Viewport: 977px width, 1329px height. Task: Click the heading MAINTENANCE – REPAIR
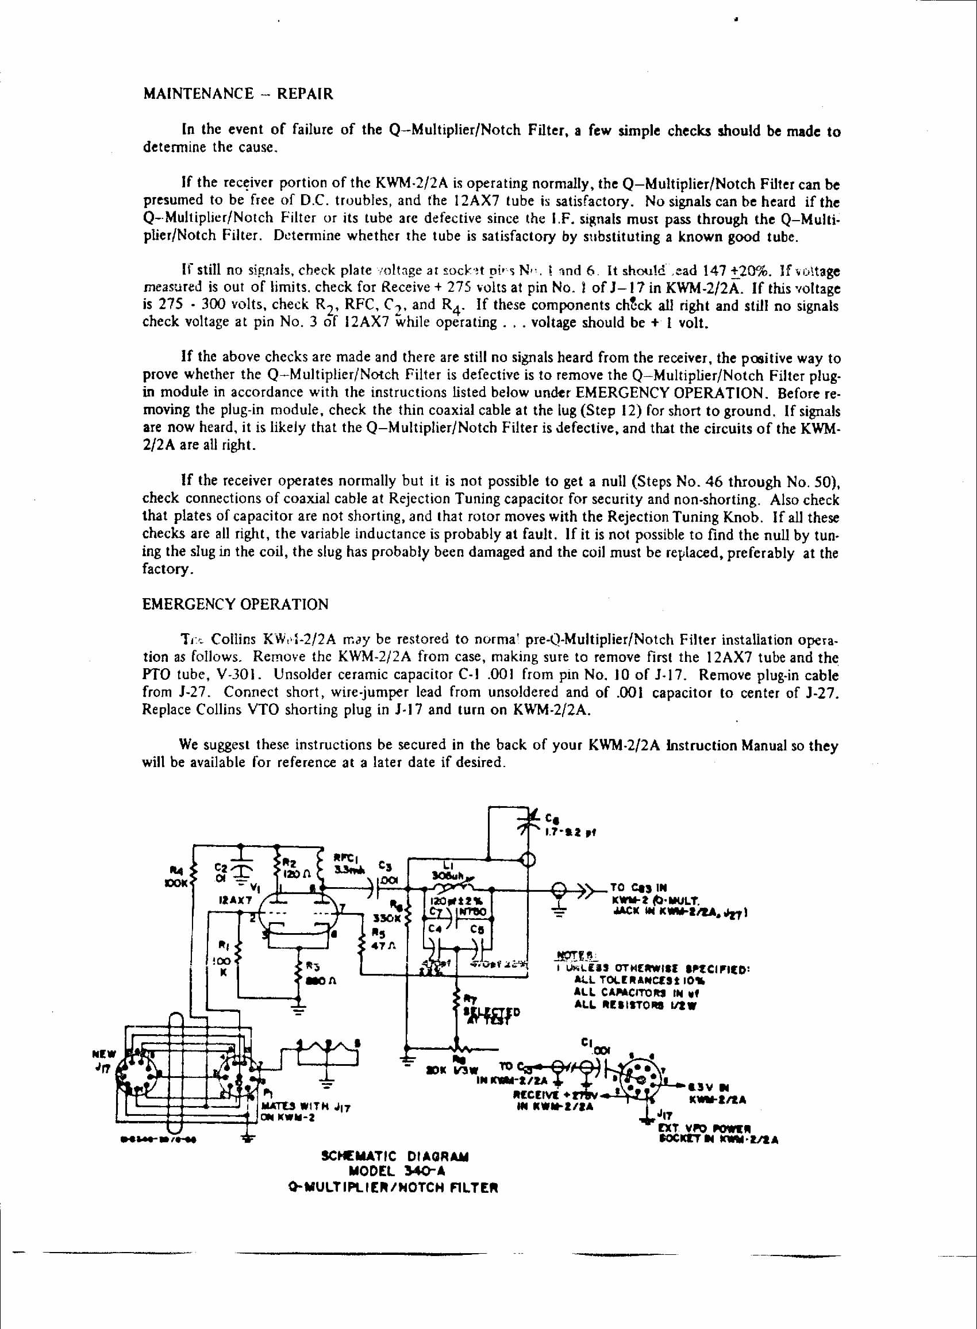(x=238, y=95)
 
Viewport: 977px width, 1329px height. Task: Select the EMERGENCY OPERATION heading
(x=236, y=604)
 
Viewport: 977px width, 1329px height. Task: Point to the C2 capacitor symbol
(x=241, y=869)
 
